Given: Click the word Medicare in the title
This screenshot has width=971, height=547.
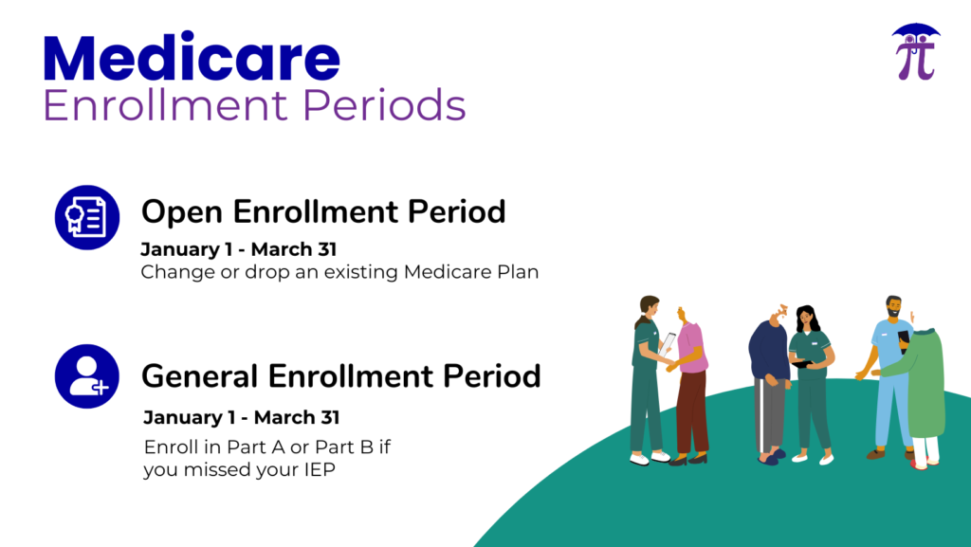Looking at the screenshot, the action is [192, 58].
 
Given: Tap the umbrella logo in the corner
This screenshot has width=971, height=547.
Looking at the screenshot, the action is [916, 52].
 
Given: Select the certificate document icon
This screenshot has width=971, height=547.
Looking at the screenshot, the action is [86, 217].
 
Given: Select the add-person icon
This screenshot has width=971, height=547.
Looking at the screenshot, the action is [86, 376].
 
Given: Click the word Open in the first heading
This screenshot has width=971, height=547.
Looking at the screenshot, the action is [181, 213].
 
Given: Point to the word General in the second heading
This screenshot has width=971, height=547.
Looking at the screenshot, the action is [199, 376].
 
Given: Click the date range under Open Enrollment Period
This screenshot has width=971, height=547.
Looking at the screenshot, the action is [238, 249].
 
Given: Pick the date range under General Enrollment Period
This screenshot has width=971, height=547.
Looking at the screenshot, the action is [242, 418].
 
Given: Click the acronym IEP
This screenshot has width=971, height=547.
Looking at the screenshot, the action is [320, 469].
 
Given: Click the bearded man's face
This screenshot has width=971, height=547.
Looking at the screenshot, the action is [893, 307].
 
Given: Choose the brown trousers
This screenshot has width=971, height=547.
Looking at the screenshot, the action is [691, 412].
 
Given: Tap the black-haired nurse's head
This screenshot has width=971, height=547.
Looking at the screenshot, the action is [806, 318].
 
